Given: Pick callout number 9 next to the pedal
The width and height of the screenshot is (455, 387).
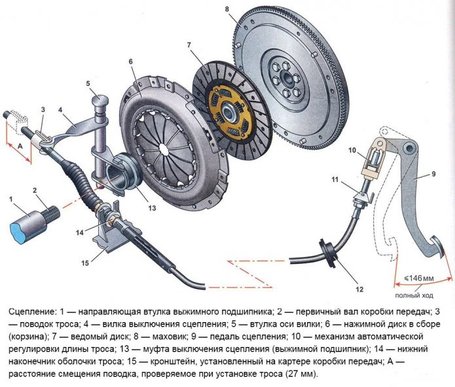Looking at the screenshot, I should click(432, 175).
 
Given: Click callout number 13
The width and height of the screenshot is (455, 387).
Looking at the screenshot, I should click(152, 208).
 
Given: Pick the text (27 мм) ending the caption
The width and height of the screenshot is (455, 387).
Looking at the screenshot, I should click(297, 374).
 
